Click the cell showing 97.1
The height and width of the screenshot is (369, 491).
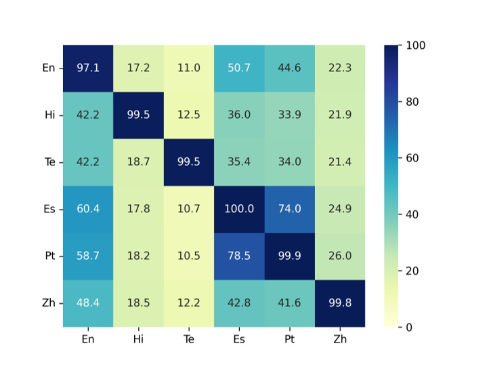pos(88,68)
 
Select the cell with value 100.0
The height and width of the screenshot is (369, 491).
pos(239,209)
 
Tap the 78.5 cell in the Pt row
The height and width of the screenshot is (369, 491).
pos(239,256)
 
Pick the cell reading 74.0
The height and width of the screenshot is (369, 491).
pos(289,209)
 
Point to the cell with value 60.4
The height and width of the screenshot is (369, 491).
pos(88,209)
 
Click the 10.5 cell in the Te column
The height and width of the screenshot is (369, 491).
pos(188,256)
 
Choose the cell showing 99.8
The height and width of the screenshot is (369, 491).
pos(339,303)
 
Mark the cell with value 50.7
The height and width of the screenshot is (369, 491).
pos(239,68)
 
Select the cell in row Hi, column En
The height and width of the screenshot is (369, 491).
pos(88,115)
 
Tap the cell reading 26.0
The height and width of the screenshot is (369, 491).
pos(339,256)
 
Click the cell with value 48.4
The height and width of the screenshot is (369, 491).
pos(88,303)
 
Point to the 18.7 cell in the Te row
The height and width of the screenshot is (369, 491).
pos(138,162)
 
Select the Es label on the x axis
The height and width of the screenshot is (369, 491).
pos(239,340)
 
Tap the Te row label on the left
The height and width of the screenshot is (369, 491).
pos(49,162)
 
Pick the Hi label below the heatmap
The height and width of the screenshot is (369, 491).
pos(138,340)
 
